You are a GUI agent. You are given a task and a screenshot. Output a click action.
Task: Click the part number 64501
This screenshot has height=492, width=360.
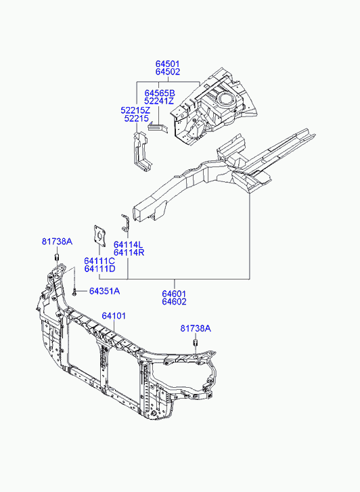tap(168, 64)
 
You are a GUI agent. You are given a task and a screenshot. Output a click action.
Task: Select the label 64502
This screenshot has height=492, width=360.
tap(168, 72)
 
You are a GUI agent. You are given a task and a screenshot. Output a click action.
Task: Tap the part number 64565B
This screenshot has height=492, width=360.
tap(160, 93)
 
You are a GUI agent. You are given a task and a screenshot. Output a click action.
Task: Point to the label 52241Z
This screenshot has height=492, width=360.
tap(159, 101)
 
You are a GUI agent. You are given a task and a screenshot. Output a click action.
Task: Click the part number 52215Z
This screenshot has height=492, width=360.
tap(135, 110)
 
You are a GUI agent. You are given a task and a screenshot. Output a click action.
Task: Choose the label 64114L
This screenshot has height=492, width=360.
tap(128, 245)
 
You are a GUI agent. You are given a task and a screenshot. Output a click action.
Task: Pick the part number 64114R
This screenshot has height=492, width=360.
tap(129, 252)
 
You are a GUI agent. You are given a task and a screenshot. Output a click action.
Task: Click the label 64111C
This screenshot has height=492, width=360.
tap(99, 261)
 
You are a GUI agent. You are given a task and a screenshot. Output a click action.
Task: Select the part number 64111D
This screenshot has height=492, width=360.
tap(99, 269)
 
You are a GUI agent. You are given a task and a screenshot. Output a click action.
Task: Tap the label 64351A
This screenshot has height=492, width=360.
tap(104, 291)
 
